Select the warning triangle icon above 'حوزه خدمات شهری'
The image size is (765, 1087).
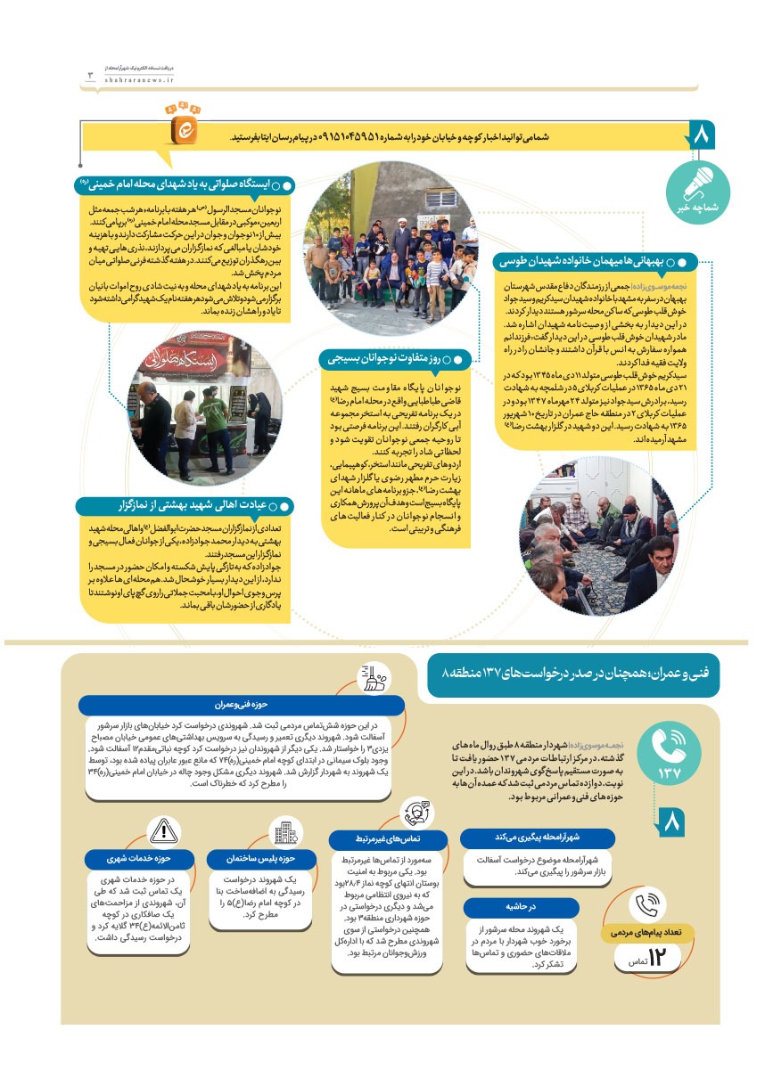[164, 831]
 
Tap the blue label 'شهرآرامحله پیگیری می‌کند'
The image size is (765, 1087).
[538, 838]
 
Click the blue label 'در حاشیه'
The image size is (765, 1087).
[538, 906]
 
